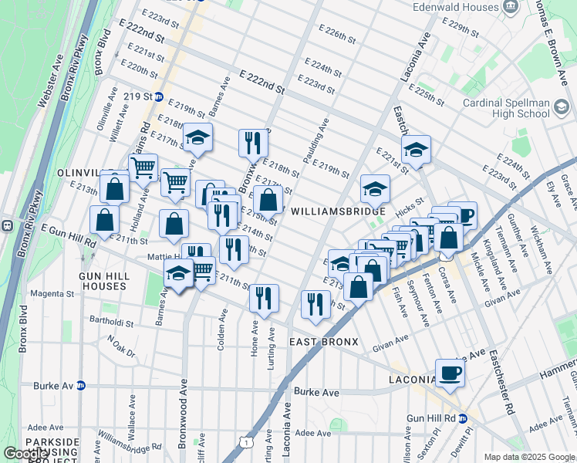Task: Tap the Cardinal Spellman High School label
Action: pos(506,108)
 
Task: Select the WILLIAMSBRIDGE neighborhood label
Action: pos(338,211)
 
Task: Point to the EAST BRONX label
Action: pos(326,341)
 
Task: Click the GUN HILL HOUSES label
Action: pos(102,281)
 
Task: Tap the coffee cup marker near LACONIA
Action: pos(450,374)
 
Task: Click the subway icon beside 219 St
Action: pos(159,97)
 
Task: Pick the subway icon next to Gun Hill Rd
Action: pos(464,418)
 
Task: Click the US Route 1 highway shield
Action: pos(245,441)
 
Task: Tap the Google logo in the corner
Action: pos(26,454)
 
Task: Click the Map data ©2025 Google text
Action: pos(529,457)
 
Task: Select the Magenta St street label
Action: pos(50,294)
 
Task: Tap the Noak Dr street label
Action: pos(121,345)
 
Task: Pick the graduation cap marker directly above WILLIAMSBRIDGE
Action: pos(375,188)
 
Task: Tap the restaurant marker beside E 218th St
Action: pos(253,143)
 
